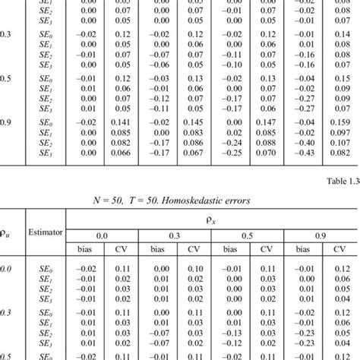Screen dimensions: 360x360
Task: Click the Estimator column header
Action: (x=49, y=235)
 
